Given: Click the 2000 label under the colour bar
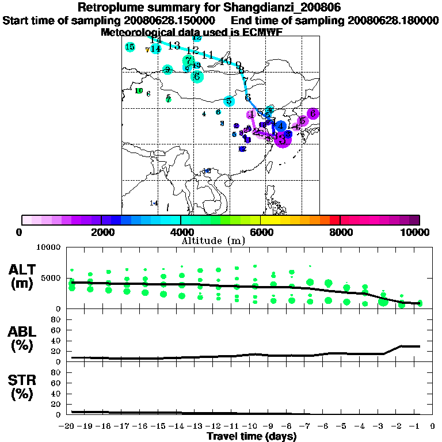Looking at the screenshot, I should point(101,232).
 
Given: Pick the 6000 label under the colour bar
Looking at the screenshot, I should point(261,232).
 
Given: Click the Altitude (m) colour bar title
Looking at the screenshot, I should point(221,240).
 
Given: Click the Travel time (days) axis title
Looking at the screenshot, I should point(252,437).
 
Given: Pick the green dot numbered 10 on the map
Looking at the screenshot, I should point(139,90).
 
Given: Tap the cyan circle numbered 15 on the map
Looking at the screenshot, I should point(130,47).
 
